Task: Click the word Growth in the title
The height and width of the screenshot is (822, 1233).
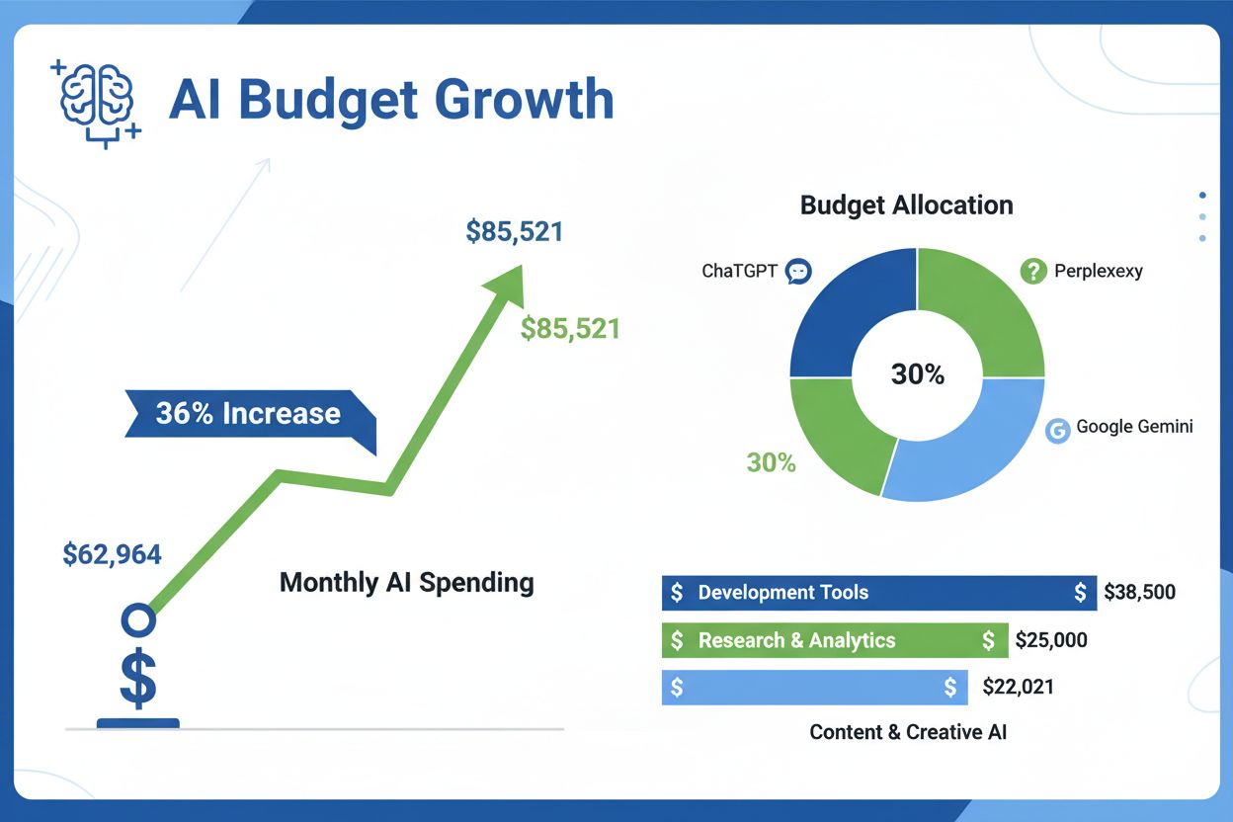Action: coord(524,100)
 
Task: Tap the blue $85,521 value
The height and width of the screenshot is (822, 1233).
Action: coord(514,232)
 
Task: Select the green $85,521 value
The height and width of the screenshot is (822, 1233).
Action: coord(570,329)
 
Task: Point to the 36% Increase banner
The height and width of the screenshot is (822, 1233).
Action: coord(248,413)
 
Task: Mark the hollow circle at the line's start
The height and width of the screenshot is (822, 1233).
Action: coord(137,620)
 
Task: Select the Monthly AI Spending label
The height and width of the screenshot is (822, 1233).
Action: coord(406,582)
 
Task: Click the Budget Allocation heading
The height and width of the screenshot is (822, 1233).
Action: coord(906,205)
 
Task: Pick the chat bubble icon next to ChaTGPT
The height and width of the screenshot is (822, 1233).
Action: coord(797,271)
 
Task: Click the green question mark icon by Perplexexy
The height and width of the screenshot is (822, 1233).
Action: coord(1032,271)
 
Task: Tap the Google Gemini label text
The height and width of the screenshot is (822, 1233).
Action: coord(1134,427)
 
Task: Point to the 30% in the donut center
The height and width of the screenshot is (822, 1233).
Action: coord(917,374)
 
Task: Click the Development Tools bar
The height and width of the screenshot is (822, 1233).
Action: coord(878,593)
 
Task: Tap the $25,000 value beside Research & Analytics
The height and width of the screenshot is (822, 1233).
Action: coord(1051,640)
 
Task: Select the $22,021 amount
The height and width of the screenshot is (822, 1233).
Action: coord(1018,687)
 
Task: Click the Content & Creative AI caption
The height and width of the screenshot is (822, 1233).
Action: coord(908,732)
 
